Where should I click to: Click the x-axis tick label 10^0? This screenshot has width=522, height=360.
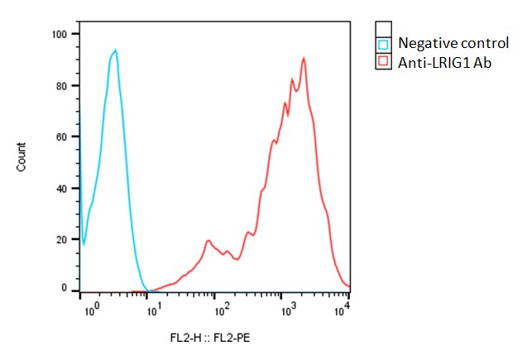click(93, 308)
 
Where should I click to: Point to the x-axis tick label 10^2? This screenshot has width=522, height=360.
click(222, 308)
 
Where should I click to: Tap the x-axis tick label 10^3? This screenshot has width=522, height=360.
click(285, 308)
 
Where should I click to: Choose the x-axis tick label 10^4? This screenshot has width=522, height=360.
click(344, 308)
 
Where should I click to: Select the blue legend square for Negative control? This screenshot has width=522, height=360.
click(383, 44)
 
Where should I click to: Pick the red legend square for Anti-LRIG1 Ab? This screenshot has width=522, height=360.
click(383, 62)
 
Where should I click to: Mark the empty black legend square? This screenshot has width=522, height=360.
click(383, 27)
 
